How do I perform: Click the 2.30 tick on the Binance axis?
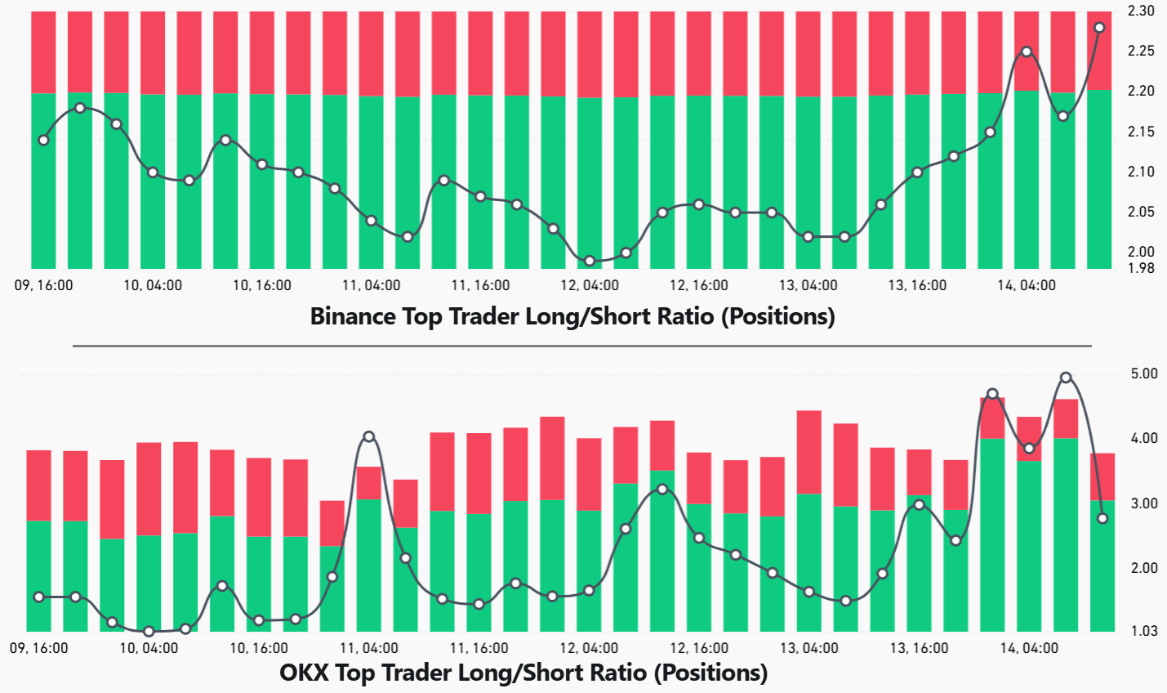(x=1140, y=11)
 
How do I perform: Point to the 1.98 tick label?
(x=1140, y=268)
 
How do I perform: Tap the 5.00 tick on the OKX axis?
(x=1144, y=373)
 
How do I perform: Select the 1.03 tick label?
(x=1144, y=631)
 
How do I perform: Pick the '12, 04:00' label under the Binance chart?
(x=590, y=285)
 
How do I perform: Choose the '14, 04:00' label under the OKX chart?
(x=1029, y=648)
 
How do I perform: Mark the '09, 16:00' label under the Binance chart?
(x=44, y=285)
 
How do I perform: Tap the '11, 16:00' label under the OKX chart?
(x=480, y=648)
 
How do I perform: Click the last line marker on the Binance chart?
(x=1099, y=28)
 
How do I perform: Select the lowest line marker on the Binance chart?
(x=590, y=261)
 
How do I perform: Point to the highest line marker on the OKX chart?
(x=1066, y=378)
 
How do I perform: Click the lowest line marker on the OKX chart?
(x=149, y=631)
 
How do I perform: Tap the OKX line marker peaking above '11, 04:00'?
(x=369, y=436)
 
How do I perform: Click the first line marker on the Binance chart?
(x=44, y=140)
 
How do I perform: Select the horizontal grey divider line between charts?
(x=581, y=346)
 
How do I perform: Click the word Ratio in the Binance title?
(x=682, y=316)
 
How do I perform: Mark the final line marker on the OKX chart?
(x=1102, y=518)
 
